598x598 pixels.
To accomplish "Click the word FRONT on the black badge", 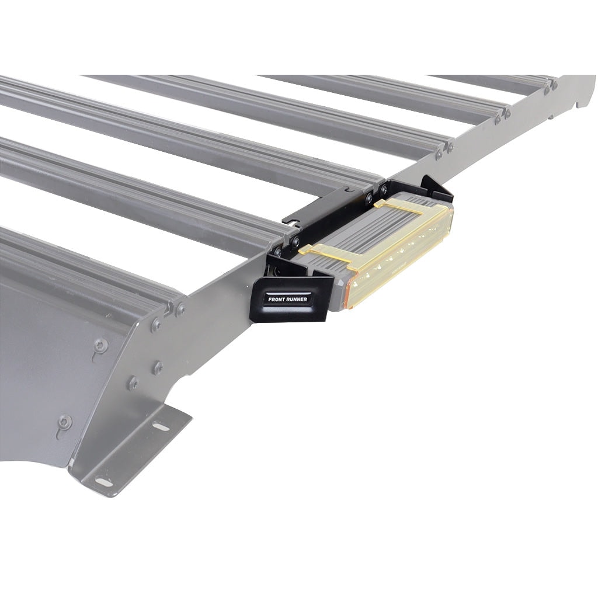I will (277, 299).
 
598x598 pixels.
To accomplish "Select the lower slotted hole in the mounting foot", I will (104, 482).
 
